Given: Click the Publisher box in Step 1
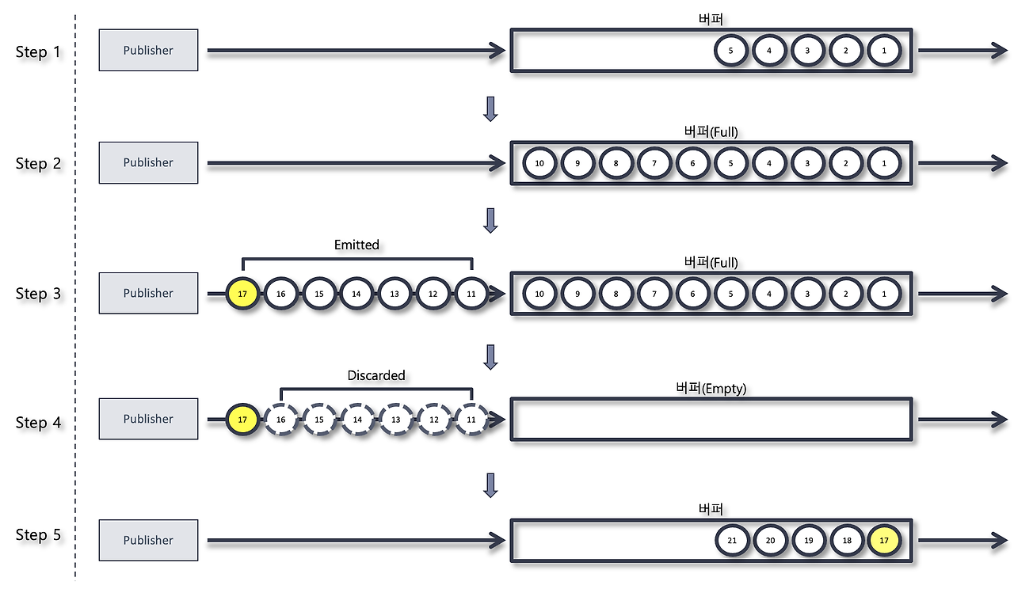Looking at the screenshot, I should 148,50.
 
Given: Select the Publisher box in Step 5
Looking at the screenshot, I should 148,540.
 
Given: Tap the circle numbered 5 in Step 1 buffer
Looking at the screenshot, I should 730,51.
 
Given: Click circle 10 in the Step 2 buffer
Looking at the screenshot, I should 539,163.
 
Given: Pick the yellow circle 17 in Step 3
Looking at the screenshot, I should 242,294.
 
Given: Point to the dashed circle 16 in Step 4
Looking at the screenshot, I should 280,420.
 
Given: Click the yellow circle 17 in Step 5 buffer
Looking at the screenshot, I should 884,540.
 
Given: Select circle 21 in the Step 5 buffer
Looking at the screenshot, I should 731,540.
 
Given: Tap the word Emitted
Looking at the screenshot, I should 356,245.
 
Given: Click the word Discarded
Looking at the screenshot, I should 376,374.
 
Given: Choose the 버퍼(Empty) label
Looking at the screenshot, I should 711,388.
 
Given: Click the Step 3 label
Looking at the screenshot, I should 38,294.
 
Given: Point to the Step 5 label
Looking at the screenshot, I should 38,535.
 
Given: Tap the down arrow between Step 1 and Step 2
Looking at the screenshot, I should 490,108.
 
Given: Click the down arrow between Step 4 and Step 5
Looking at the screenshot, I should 490,485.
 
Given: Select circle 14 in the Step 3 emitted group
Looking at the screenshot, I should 356,294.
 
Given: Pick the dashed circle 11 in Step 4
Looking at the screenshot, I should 471,420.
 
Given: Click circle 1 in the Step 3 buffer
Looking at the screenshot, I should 884,294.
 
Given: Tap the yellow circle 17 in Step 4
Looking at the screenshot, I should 242,420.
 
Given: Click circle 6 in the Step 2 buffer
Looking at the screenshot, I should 692,163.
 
